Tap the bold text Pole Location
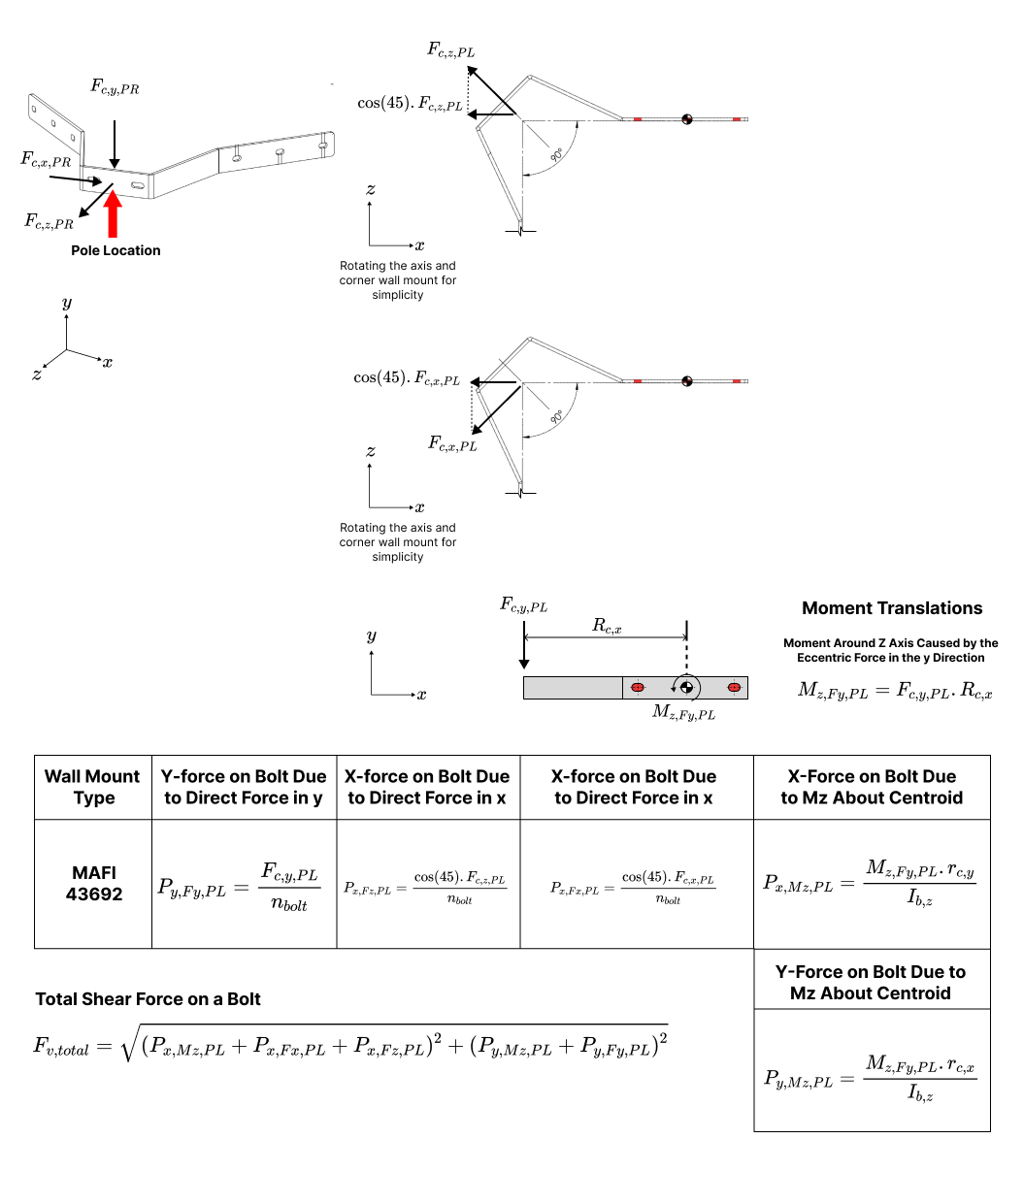click(x=116, y=250)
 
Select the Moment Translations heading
click(x=892, y=608)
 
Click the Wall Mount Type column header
click(x=92, y=787)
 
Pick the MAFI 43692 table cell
click(x=93, y=883)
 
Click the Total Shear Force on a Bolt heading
click(x=148, y=999)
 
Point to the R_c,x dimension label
click(x=606, y=625)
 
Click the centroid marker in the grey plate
click(x=686, y=687)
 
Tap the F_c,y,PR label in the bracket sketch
click(x=115, y=86)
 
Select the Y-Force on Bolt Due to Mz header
click(x=871, y=982)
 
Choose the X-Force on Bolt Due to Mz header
click(x=872, y=787)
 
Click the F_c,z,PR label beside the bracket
click(x=49, y=221)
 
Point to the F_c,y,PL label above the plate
click(x=523, y=604)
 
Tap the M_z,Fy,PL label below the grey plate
click(x=683, y=712)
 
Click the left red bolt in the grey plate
click(x=638, y=687)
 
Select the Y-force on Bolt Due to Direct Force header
click(x=244, y=787)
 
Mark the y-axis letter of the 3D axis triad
click(x=67, y=303)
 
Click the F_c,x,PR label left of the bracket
click(x=46, y=159)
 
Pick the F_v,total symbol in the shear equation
click(x=61, y=1046)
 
